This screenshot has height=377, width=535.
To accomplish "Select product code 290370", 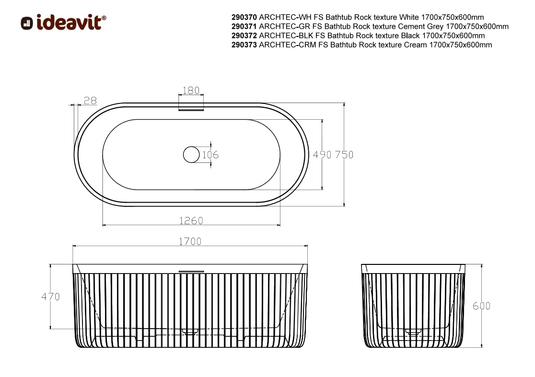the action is (x=244, y=17).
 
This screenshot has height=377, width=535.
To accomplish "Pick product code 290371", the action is (x=244, y=26).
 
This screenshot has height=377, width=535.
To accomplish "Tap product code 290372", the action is (x=244, y=35).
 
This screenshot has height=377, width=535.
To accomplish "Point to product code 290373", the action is (x=244, y=45).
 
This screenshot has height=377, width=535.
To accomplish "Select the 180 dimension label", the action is (x=191, y=91).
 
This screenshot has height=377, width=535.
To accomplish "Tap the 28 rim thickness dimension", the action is (x=90, y=101).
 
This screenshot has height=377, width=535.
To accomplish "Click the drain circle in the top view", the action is (x=191, y=155).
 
